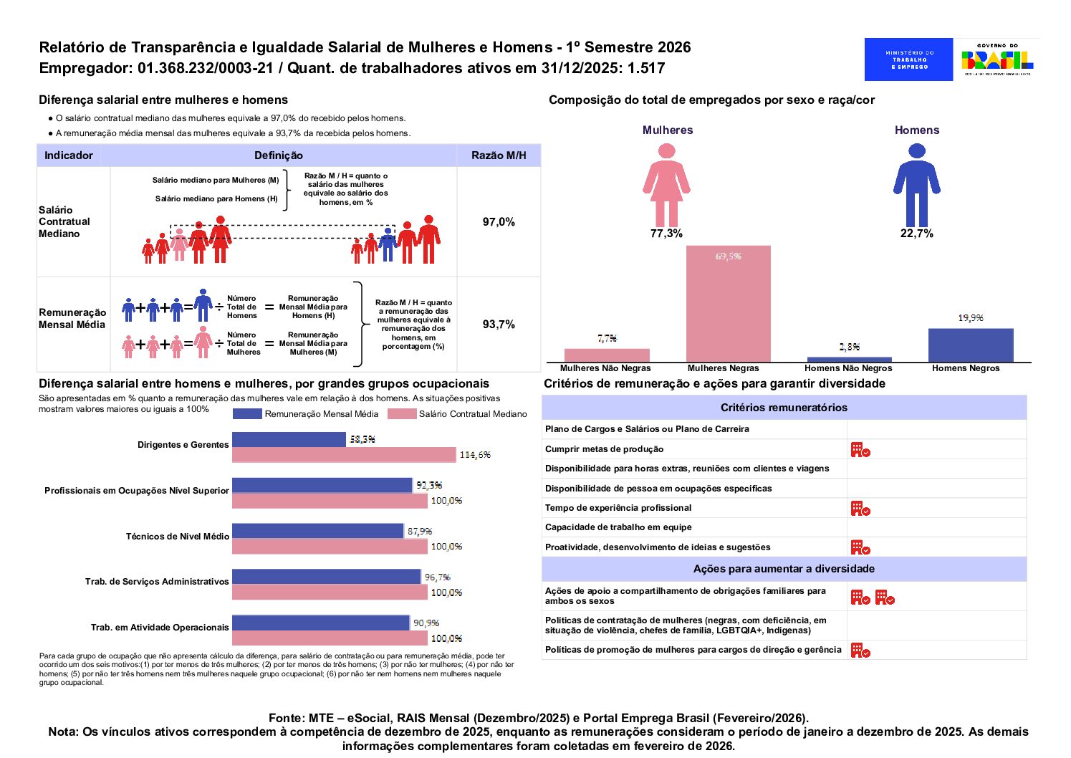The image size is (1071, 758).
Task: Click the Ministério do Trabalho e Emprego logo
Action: coord(908,59)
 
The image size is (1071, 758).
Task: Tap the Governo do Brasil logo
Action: coord(996,59)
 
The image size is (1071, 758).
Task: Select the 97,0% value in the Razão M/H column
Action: coord(499,222)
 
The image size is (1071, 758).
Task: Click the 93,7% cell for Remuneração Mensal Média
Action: coord(499,325)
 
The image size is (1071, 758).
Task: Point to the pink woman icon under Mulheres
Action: coord(666,185)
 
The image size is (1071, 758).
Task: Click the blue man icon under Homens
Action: coord(916,185)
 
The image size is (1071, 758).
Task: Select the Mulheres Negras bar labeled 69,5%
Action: coord(728,304)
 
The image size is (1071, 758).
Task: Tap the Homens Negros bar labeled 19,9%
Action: coord(970,345)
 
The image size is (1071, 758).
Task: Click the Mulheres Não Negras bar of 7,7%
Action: coord(607,355)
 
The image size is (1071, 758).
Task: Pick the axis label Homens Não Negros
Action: coord(848,368)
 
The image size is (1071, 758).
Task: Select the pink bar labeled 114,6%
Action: coord(344,455)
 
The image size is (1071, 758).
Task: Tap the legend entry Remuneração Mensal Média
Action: coord(306,414)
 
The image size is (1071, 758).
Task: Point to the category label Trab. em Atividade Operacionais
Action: coord(160,628)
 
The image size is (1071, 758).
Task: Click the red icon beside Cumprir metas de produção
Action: coord(860,450)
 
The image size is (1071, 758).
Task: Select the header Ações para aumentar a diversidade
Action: coord(784,569)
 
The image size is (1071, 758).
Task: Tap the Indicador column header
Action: coord(69,155)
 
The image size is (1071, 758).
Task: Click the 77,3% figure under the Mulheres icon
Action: coord(666,234)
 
